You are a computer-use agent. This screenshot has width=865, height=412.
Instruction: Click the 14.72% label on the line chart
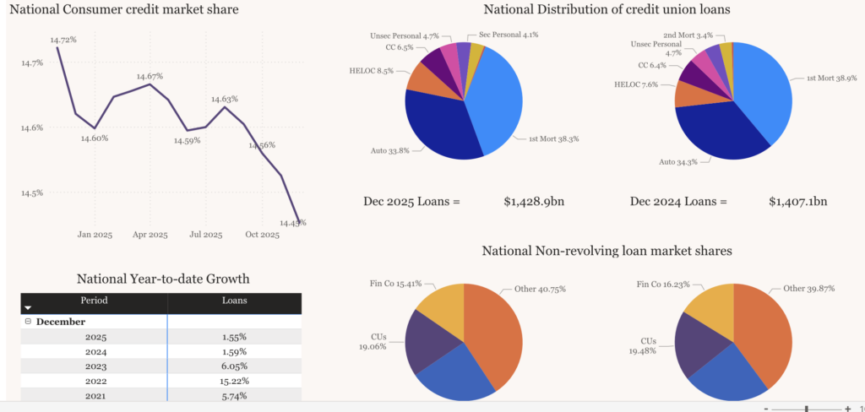63,40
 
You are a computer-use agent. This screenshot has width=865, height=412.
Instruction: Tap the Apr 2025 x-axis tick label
150,235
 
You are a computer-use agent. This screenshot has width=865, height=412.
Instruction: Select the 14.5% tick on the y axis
31,193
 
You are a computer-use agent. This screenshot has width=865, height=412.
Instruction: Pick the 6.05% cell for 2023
234,366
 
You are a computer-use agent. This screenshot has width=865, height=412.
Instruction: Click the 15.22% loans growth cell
234,380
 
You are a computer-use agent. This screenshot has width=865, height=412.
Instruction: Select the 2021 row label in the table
95,394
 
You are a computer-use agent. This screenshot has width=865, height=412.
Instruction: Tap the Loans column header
234,300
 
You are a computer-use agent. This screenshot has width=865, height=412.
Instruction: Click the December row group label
60,322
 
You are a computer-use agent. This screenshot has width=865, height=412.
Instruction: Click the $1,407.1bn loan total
797,202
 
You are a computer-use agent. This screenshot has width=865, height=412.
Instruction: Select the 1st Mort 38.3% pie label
554,138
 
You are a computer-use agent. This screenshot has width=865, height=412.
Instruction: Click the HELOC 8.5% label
372,71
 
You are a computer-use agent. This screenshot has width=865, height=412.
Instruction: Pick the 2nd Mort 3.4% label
688,35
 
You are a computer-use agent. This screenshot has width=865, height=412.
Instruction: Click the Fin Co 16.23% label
665,285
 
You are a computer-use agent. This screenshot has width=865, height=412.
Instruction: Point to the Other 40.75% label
540,289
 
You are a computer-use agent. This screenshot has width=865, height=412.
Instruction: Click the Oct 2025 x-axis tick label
262,235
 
